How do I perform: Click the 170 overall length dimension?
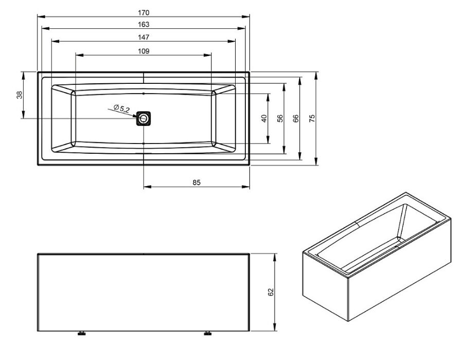144,13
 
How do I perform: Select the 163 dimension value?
144,24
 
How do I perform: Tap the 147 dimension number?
144,37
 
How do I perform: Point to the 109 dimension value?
144,51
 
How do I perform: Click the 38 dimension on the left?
20,95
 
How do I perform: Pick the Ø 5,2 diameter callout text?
121,109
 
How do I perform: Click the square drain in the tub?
144,118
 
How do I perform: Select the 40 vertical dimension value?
264,118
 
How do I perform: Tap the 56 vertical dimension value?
280,118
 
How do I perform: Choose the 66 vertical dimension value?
296,118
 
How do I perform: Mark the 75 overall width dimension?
312,118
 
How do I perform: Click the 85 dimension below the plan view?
197,183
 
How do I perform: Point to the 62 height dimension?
271,292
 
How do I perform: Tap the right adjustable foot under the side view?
208,333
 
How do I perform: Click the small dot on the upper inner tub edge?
144,93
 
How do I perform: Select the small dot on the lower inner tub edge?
144,143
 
